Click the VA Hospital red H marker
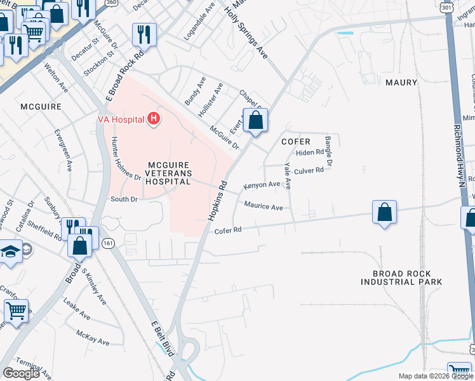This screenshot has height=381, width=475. pyautogui.click(x=153, y=119)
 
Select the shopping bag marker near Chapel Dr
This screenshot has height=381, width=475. pyautogui.click(x=255, y=120)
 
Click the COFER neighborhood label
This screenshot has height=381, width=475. pyautogui.click(x=296, y=142)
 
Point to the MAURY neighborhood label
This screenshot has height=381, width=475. pyautogui.click(x=401, y=83)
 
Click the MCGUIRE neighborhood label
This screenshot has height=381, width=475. pyautogui.click(x=41, y=106)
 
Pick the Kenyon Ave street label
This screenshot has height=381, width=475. pyautogui.click(x=262, y=185)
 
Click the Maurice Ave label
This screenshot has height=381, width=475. pyautogui.click(x=264, y=207)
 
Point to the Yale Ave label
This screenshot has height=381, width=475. pyautogui.click(x=288, y=175)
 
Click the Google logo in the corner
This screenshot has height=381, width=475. pyautogui.click(x=21, y=373)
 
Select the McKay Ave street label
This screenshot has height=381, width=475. pyautogui.click(x=93, y=338)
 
